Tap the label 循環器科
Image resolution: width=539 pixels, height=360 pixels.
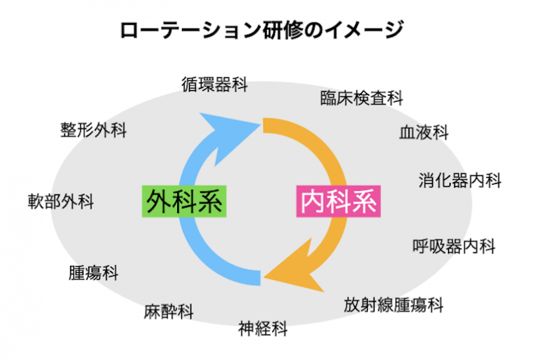[x=214, y=85]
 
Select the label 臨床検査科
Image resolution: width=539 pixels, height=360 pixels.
[x=361, y=98]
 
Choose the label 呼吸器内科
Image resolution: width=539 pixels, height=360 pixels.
[x=454, y=246]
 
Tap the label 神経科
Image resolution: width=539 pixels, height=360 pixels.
[x=263, y=330]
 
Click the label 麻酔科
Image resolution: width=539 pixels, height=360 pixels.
[x=169, y=312]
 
